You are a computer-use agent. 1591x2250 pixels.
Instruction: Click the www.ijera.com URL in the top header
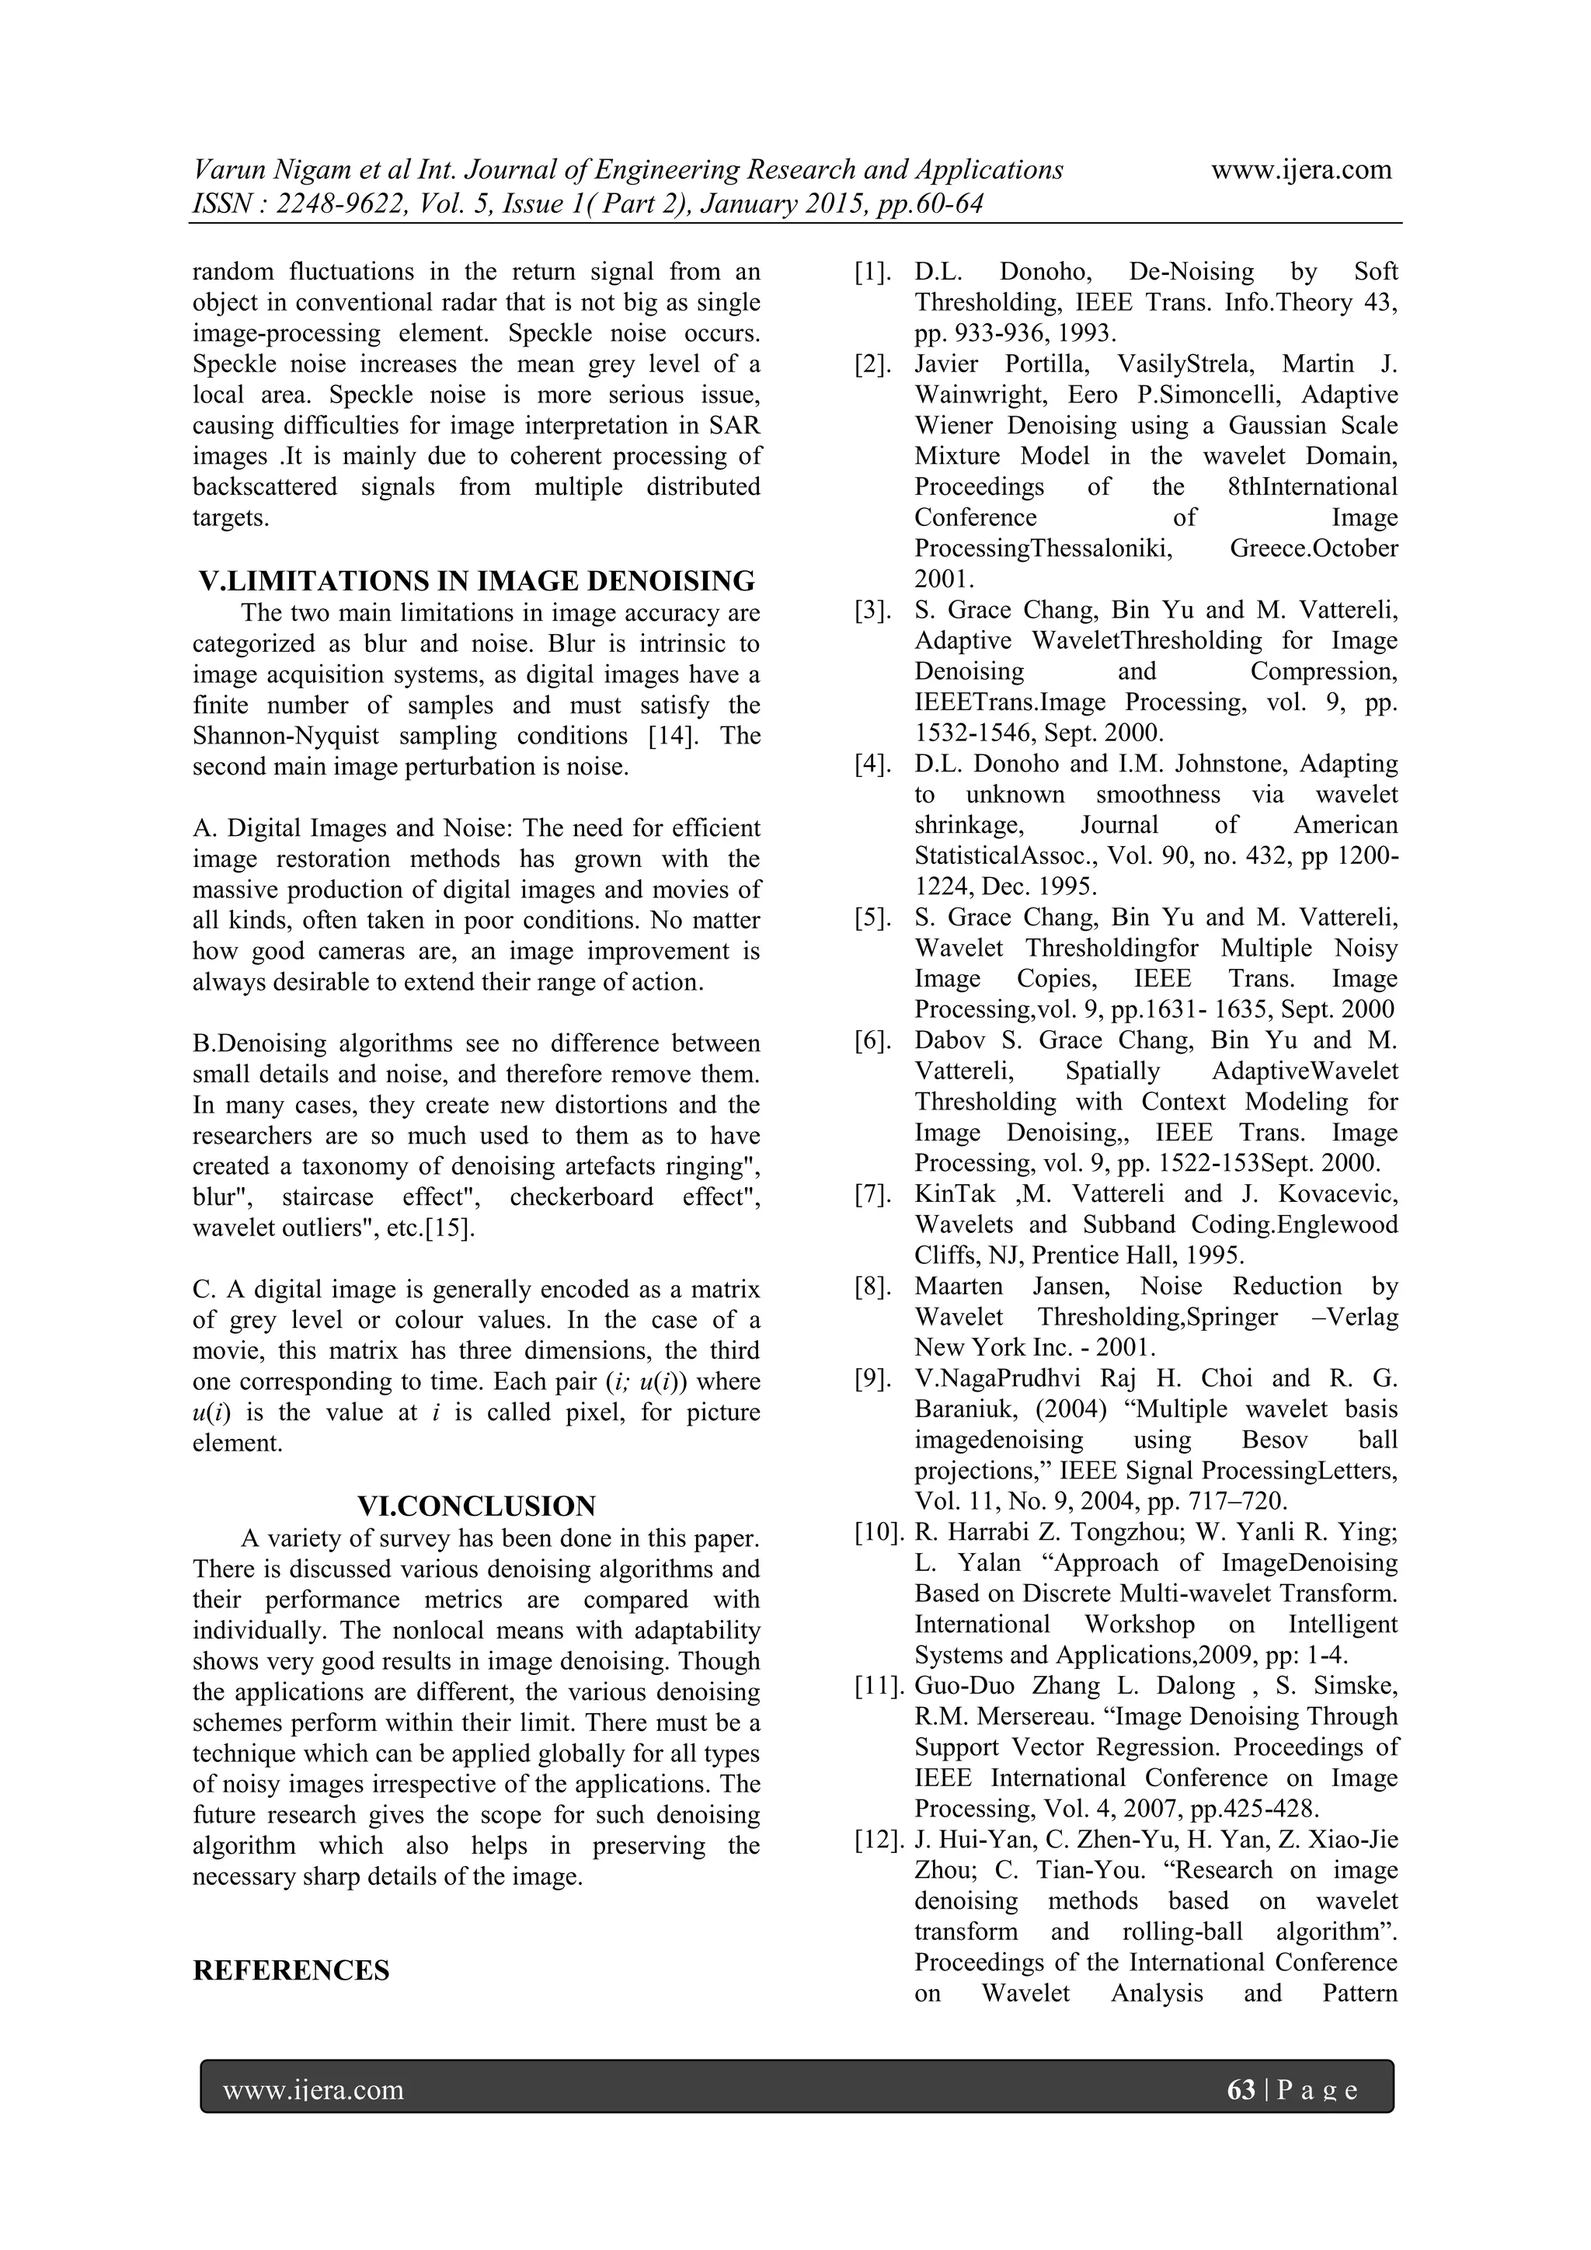[1301, 170]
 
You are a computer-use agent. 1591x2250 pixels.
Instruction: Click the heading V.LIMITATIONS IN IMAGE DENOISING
[476, 581]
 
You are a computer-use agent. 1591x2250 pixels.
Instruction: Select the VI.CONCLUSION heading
[476, 1506]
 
